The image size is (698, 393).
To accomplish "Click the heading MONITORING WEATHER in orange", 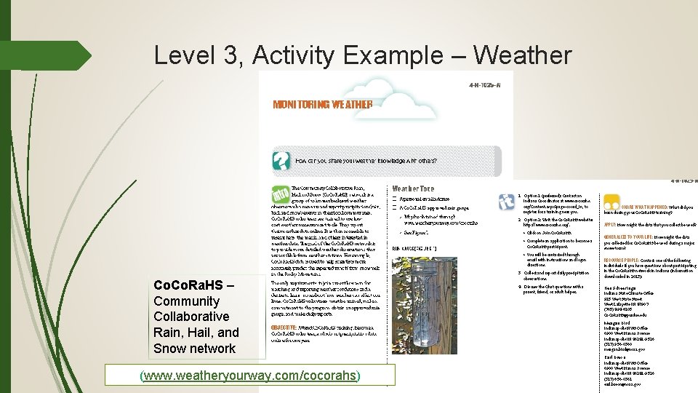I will pyautogui.click(x=322, y=104).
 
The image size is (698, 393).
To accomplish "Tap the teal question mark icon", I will pyautogui.click(x=281, y=160).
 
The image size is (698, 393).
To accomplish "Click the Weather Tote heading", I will pyautogui.click(x=413, y=188).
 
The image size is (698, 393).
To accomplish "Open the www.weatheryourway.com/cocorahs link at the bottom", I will pyautogui.click(x=249, y=376).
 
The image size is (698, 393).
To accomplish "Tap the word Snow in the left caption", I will pyautogui.click(x=170, y=348).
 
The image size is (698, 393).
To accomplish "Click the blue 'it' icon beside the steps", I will pyautogui.click(x=506, y=202).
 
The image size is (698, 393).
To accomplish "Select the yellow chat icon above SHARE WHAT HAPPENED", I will pyautogui.click(x=611, y=202).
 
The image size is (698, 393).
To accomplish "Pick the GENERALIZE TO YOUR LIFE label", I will pyautogui.click(x=627, y=237).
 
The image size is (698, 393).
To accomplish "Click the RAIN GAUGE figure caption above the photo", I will pyautogui.click(x=414, y=248).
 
